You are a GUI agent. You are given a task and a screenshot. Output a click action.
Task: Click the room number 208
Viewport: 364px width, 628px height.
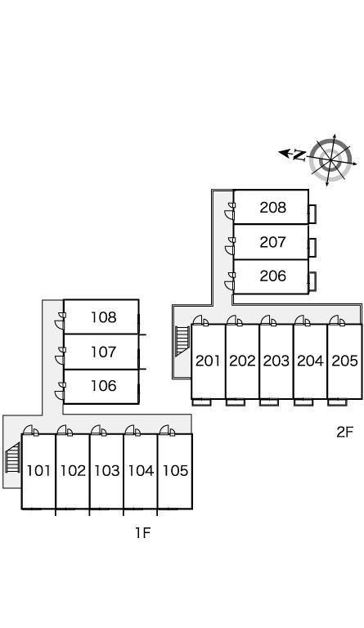point(272,208)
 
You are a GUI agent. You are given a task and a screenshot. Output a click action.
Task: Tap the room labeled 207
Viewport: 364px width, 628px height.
point(272,242)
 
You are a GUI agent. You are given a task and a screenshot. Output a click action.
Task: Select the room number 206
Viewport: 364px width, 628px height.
point(272,276)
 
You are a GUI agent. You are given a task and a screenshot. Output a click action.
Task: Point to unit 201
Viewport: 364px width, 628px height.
point(209,361)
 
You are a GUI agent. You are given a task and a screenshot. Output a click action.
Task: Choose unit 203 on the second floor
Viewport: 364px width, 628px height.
point(276,361)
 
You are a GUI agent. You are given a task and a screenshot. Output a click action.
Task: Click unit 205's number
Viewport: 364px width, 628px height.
point(345,361)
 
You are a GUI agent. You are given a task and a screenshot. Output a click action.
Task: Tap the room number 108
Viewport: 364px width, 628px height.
point(104,317)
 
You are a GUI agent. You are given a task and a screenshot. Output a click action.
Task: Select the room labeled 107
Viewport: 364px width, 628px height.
point(104,352)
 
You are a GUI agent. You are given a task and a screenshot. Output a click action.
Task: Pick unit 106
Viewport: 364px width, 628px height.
point(104,386)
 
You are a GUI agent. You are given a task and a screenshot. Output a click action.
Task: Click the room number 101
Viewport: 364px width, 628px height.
point(38,471)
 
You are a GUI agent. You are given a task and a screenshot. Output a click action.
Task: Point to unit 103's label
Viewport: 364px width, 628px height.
point(107,471)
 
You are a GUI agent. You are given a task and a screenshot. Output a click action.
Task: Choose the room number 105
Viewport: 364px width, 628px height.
point(175,471)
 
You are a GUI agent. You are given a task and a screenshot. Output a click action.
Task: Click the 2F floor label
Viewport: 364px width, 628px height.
point(345,432)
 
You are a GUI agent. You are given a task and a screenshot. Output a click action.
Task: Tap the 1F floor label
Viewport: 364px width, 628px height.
point(142,532)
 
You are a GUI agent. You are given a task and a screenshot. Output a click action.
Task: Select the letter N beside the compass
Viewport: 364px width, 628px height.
point(299,155)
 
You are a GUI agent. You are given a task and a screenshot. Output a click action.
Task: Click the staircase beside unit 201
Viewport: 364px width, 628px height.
point(182,340)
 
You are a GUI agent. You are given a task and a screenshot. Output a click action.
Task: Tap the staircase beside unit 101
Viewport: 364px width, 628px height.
point(12,457)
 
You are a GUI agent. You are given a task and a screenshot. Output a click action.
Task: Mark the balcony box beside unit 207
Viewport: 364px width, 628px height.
point(312,248)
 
